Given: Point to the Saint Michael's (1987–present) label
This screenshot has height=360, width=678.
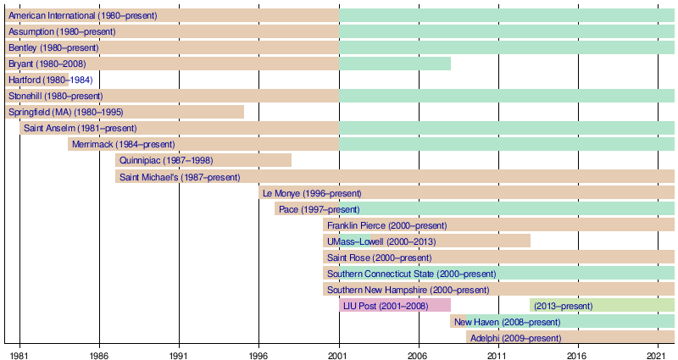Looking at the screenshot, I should (x=180, y=177).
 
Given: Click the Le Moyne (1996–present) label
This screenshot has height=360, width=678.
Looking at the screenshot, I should (x=312, y=193).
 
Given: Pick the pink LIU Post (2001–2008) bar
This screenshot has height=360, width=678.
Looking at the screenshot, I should (x=395, y=306).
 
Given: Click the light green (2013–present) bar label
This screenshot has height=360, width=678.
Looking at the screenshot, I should (x=564, y=306).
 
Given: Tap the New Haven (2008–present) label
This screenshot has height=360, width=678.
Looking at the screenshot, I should (x=507, y=322).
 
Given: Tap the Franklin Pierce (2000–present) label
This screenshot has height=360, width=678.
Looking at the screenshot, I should (x=386, y=225).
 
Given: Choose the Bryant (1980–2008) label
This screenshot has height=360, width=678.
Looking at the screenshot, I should (x=47, y=64).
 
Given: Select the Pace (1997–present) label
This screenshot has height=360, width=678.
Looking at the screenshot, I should (x=319, y=209).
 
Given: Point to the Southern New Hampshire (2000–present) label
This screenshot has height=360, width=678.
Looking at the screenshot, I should (x=408, y=290).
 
